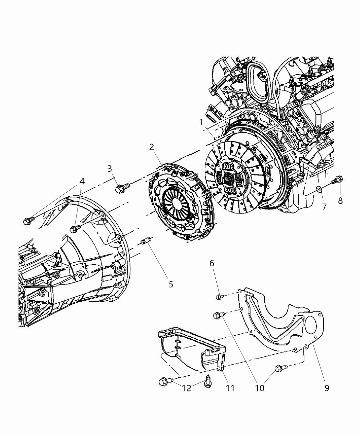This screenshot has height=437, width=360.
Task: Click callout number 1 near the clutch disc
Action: tap(202, 122)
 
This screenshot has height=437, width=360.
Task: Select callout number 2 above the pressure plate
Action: tap(152, 147)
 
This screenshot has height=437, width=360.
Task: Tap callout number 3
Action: tap(110, 168)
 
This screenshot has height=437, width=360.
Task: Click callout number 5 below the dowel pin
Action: tap(171, 284)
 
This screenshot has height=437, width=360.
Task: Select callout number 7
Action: tap(324, 207)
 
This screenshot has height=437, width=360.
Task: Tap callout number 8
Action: tap(340, 201)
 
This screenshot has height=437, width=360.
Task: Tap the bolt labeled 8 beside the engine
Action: tap(339, 179)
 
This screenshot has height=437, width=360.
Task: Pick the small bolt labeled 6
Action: tap(220, 297)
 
